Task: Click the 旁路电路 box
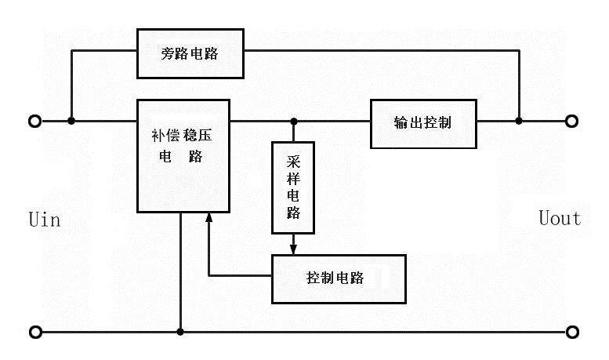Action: [190, 53]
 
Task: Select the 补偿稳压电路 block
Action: [183, 155]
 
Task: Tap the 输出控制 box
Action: [423, 124]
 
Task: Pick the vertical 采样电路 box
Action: [293, 187]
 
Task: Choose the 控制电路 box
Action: [339, 278]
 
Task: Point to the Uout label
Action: [560, 218]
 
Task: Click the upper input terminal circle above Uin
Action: [34, 122]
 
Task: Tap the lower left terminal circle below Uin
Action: [34, 332]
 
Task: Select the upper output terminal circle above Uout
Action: [573, 122]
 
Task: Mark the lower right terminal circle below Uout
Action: [573, 332]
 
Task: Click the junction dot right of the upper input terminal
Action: [71, 122]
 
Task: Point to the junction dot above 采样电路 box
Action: [293, 122]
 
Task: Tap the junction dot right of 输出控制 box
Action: [518, 122]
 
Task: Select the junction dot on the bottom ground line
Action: [181, 332]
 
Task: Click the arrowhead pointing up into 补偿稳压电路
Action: [208, 219]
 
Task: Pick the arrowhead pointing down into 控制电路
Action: [293, 249]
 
